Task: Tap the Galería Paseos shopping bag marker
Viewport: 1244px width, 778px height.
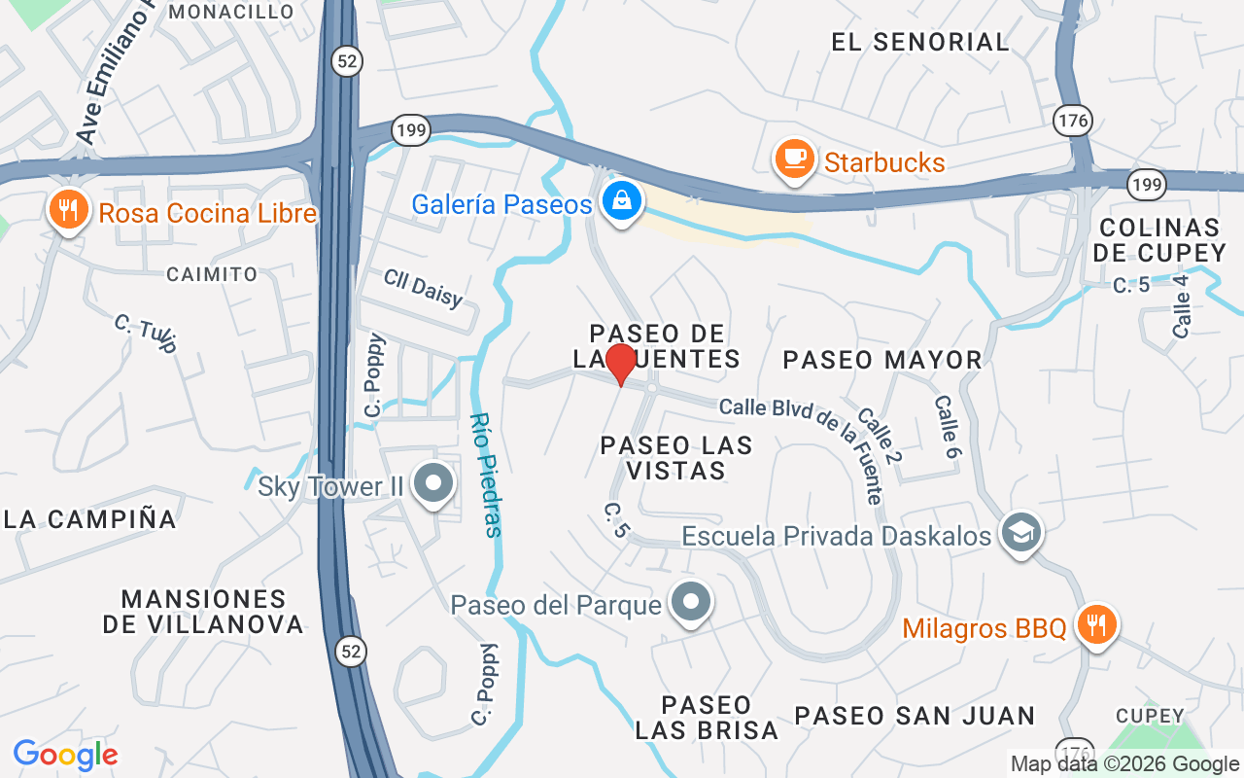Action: point(619,203)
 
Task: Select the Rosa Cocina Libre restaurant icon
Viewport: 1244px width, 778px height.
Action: point(68,211)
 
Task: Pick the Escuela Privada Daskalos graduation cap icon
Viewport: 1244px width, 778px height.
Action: point(1020,534)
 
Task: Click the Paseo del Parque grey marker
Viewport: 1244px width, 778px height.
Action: point(690,603)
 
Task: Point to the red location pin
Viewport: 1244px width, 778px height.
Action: point(620,365)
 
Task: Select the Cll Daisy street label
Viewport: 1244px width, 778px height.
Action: point(423,288)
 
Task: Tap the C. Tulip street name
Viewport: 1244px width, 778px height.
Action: point(146,333)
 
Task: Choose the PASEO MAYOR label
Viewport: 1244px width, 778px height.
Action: point(882,360)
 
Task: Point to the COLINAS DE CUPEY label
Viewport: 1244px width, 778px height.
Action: point(1159,240)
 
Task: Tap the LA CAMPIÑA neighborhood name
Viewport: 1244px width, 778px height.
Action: point(90,518)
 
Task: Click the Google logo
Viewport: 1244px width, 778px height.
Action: point(65,754)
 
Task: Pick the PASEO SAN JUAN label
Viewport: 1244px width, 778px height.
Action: point(915,716)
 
